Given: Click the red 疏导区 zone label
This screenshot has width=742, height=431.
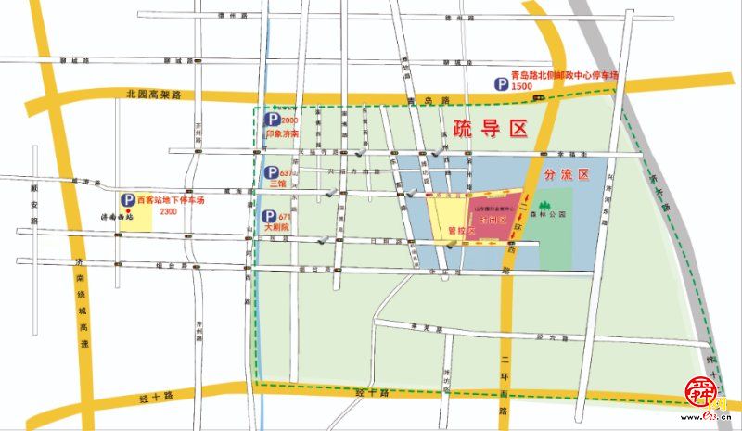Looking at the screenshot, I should tap(490, 129).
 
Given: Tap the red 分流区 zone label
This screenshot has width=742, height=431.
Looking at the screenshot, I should tap(567, 174).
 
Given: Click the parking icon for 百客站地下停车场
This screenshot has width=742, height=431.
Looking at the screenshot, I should tap(125, 199).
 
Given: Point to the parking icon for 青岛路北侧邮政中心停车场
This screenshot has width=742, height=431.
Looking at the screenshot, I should tap(500, 85).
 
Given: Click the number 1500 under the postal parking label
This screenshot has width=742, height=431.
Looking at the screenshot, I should tap(523, 86).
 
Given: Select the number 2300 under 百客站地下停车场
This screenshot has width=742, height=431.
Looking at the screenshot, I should tap(169, 211).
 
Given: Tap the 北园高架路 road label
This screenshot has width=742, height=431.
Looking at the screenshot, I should tap(153, 95).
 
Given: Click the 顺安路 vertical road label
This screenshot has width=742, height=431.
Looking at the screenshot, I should tap(34, 203).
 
